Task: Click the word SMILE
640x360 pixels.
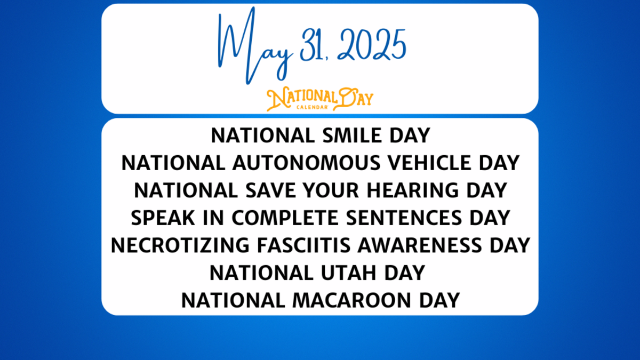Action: pos(349,135)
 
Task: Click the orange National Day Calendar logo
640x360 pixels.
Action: pos(320,99)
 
